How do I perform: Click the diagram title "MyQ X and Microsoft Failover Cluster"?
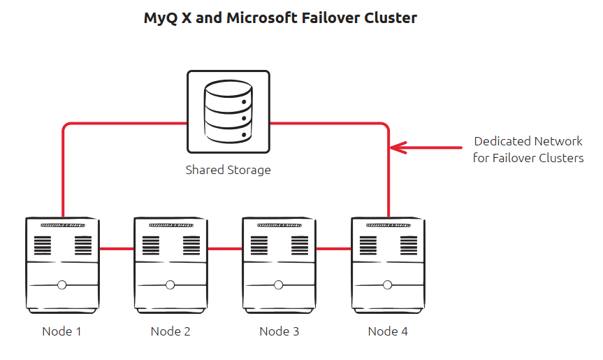[x=280, y=18]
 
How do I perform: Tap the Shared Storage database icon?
[x=228, y=111]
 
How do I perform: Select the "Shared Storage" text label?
[x=228, y=170]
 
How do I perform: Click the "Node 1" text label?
[x=61, y=331]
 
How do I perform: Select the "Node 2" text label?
[x=170, y=331]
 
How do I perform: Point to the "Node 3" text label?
[x=279, y=331]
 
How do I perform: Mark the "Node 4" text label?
[x=388, y=331]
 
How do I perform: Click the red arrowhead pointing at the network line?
[x=396, y=147]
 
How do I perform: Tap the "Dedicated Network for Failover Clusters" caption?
[x=528, y=150]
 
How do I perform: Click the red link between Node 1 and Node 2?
[x=116, y=248]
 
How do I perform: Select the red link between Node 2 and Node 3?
[x=224, y=248]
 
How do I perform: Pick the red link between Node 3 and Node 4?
[x=333, y=248]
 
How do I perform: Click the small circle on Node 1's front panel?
[x=62, y=285]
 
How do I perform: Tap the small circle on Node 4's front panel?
[x=388, y=285]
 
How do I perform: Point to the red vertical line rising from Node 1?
[x=64, y=175]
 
